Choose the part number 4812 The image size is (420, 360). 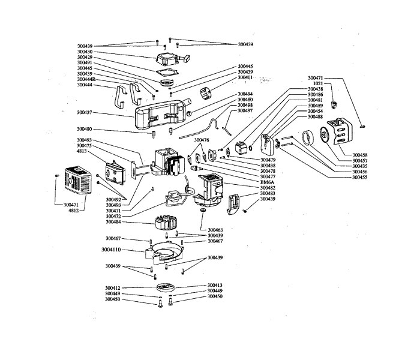pos(74,211)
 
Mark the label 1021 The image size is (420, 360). pos(319,83)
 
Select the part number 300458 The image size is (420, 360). pos(360,154)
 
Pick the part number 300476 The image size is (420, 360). pos(202,140)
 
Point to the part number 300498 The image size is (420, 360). pos(245,105)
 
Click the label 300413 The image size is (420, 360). pos(215,285)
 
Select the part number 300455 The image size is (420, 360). pos(360,178)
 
